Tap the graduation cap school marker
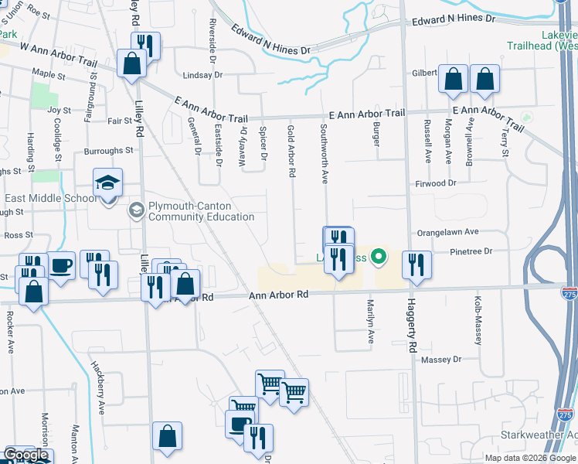click(108, 183)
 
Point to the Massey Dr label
click(440, 360)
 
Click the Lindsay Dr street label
click(202, 75)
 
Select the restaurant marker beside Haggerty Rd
click(416, 265)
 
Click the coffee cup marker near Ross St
click(61, 266)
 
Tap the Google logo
click(25, 455)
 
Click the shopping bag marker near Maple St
click(132, 63)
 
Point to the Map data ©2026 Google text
click(530, 457)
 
